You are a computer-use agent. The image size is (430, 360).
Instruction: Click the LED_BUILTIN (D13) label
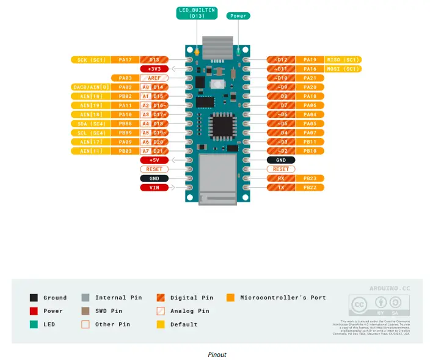coord(196,13)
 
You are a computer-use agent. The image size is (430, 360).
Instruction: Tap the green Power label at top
coord(238,16)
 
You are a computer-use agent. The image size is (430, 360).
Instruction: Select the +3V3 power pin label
coord(154,69)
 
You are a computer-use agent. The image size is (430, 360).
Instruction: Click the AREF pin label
coord(153,78)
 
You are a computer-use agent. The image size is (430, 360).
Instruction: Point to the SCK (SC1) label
coord(92,60)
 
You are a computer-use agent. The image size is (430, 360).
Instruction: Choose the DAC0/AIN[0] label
coord(92,87)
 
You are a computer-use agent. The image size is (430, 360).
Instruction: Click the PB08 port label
coord(125,123)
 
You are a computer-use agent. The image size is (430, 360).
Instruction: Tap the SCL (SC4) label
coord(92,133)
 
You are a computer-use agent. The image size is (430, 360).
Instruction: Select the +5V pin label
coord(154,160)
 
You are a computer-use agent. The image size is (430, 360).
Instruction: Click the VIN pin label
coord(154,188)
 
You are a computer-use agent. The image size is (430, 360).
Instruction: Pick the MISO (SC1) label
coord(343,60)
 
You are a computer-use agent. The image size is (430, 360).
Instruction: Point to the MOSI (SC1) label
coord(343,69)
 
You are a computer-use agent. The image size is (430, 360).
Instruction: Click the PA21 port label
coord(310,78)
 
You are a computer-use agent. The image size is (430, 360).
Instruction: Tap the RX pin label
coord(280,178)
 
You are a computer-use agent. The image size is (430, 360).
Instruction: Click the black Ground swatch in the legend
coord(34,298)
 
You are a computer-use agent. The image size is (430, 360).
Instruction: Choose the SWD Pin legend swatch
coord(85,311)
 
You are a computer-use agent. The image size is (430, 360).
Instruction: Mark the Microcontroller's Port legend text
coord(283,298)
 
